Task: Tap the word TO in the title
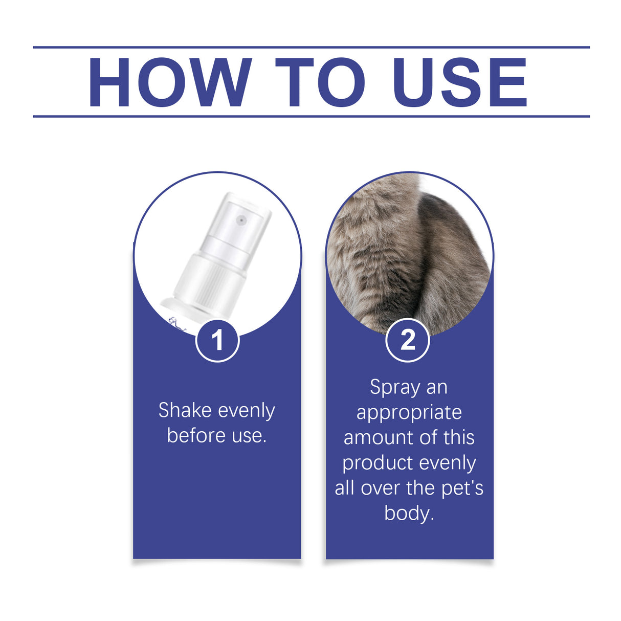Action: point(320,82)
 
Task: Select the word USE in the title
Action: point(459,82)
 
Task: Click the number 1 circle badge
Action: point(217,340)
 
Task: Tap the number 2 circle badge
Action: point(408,340)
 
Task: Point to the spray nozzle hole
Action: point(241,220)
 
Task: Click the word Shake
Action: point(185,410)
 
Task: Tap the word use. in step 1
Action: point(250,435)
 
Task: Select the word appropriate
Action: point(409,412)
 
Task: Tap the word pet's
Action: point(462,488)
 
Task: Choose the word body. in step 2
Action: point(409,513)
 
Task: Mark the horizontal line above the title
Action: point(311,47)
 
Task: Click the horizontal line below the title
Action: point(311,116)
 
